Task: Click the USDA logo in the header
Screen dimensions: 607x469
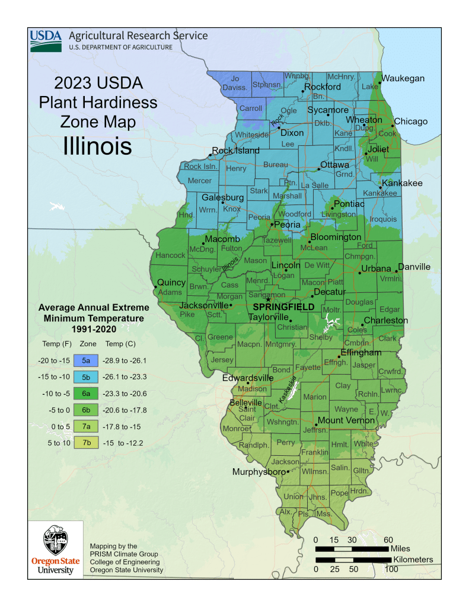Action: click(46, 40)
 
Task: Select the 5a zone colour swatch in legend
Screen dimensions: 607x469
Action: click(86, 360)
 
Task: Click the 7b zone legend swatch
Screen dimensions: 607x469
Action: click(86, 442)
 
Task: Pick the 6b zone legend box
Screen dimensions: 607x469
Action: click(86, 410)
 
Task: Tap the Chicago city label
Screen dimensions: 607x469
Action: click(411, 122)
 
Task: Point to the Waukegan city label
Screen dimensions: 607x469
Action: click(403, 78)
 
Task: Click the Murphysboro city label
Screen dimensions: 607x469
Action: click(258, 472)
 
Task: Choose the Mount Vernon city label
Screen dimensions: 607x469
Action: click(346, 421)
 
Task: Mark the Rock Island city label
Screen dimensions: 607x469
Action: click(236, 151)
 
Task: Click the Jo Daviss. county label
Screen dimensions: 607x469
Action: click(235, 83)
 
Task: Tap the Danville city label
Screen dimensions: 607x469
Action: click(414, 267)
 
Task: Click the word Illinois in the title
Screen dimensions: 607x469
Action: click(97, 146)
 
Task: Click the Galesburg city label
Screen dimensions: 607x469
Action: click(223, 197)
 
